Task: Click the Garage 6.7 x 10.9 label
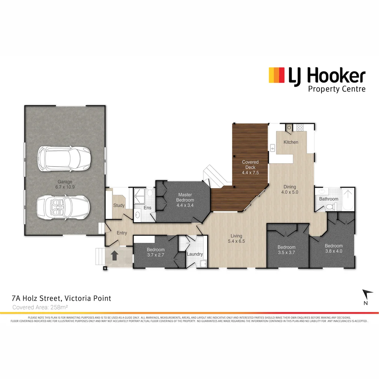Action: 65,185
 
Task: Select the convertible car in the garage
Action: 64,207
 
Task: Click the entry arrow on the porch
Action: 114,255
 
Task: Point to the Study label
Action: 119,205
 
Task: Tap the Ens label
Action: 148,208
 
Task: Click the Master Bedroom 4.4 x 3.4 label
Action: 186,198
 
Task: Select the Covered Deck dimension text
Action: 250,173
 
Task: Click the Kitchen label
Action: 291,142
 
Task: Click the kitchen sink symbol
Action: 272,148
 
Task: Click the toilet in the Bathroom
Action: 330,207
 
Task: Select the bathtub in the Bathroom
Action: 348,199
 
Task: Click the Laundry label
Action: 194,254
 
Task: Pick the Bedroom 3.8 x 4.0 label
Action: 333,248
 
